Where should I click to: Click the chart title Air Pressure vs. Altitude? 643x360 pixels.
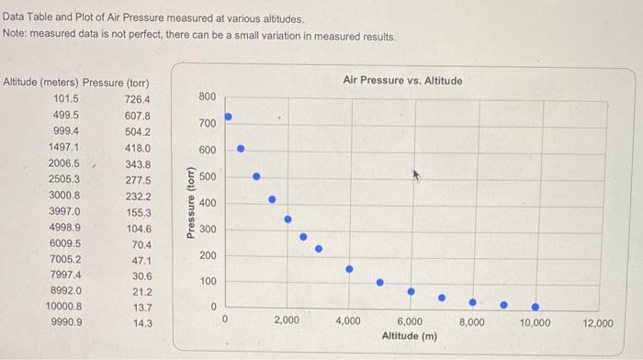point(402,80)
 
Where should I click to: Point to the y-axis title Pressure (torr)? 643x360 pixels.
point(190,203)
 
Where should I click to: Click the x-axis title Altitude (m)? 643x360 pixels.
point(409,336)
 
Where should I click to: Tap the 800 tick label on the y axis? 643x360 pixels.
point(207,96)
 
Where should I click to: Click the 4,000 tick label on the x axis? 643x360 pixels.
point(348,321)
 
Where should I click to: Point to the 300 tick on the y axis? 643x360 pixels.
point(207,229)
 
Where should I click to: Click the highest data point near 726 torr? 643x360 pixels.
point(229,117)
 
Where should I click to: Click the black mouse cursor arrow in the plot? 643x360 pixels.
point(416,173)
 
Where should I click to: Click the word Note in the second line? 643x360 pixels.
point(15,36)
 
